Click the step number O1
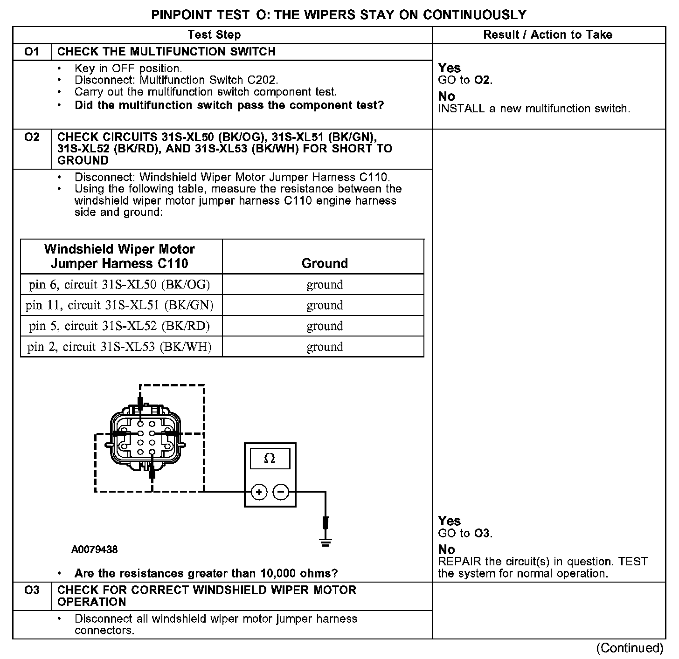point(32,51)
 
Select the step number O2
point(32,137)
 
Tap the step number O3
point(32,590)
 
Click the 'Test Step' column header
point(214,34)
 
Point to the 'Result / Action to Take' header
point(547,34)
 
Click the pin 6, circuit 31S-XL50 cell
point(119,284)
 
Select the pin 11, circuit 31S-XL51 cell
point(119,305)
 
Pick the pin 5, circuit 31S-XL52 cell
point(119,326)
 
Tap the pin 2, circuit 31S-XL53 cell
point(119,347)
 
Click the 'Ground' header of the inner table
point(325,263)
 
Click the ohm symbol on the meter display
point(270,459)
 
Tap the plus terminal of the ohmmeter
point(259,492)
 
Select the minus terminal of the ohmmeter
point(280,492)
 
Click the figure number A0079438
point(94,550)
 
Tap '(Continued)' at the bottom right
point(630,648)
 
